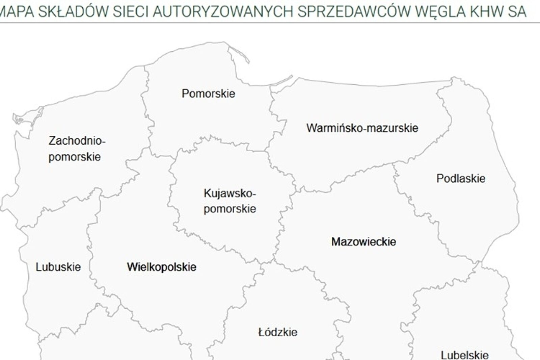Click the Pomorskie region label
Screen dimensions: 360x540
click(x=208, y=94)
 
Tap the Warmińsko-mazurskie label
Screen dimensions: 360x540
click(x=362, y=128)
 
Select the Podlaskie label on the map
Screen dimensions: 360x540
click(x=461, y=178)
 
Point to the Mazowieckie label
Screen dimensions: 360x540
click(x=363, y=241)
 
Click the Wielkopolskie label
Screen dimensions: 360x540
click(x=162, y=267)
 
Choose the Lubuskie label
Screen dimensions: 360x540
click(x=58, y=267)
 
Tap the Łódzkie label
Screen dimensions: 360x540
click(x=278, y=332)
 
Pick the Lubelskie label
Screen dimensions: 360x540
click(x=464, y=355)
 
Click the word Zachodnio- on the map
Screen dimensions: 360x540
click(x=77, y=140)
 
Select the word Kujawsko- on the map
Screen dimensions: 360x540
click(x=230, y=194)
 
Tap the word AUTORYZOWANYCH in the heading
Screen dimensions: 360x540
click(x=223, y=12)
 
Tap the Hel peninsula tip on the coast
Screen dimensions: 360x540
click(x=249, y=62)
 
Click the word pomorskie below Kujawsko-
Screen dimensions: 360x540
click(x=230, y=209)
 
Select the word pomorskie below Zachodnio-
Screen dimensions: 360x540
click(x=75, y=157)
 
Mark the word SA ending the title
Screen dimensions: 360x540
click(x=516, y=12)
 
